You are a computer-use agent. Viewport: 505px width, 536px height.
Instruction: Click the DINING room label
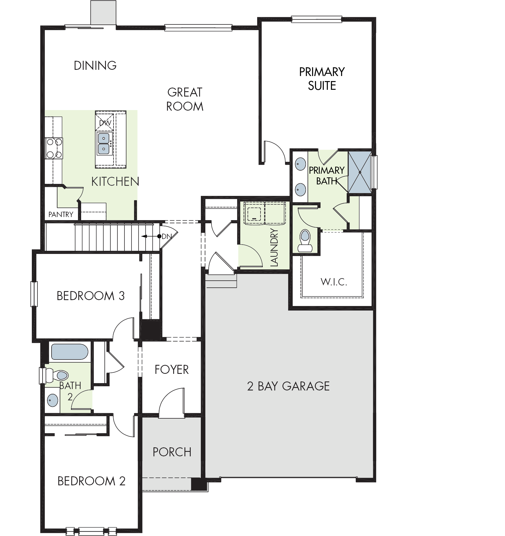tap(95, 66)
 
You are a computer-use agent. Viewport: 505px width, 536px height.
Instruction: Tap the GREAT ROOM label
tap(185, 99)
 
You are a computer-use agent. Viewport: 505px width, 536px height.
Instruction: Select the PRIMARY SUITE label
tap(322, 79)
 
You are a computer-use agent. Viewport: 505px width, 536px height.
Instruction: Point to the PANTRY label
tap(61, 215)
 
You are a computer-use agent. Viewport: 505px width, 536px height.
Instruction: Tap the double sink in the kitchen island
tap(104, 143)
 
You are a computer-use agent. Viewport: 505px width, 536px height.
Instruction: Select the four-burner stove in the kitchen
tap(54, 148)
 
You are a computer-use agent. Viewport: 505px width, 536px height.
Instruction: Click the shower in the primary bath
tap(360, 172)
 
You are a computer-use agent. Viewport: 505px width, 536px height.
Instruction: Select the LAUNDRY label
tap(274, 247)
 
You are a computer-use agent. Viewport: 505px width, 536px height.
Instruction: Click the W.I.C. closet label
tap(334, 282)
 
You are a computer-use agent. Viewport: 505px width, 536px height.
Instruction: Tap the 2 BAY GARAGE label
tap(288, 386)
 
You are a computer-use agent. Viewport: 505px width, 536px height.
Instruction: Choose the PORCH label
tap(172, 452)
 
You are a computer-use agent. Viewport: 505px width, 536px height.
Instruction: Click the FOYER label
tap(172, 370)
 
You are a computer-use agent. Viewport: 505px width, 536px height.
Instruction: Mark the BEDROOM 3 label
tap(91, 296)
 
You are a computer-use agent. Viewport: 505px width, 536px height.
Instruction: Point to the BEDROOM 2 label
tap(92, 481)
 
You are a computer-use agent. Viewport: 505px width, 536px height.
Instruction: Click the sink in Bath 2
tap(52, 400)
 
